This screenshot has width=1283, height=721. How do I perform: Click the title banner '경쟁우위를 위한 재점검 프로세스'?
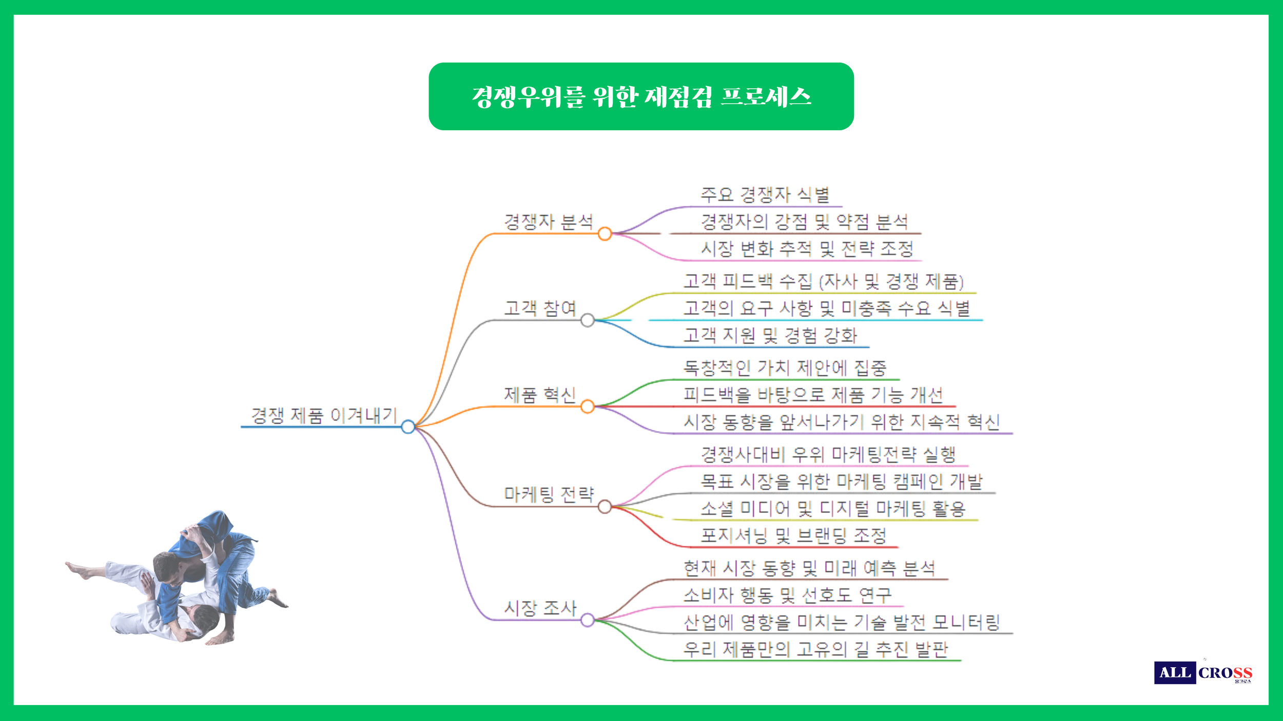click(x=641, y=96)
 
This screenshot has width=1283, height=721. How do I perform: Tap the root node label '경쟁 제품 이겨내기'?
click(x=324, y=415)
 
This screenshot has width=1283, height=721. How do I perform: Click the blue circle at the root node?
click(x=408, y=427)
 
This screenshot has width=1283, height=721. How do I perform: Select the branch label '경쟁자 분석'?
click(x=549, y=222)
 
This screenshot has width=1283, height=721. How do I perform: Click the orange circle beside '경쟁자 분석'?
click(x=605, y=234)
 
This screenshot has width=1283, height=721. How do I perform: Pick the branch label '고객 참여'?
click(x=540, y=308)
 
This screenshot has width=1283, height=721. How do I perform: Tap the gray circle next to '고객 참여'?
click(x=588, y=321)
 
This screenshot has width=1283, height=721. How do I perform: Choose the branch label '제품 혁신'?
click(x=540, y=395)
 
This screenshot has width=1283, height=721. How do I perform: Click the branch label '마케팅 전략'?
click(x=549, y=494)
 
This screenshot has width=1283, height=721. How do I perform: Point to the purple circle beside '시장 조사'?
click(x=588, y=620)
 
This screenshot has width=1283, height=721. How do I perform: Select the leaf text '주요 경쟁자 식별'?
click(x=765, y=195)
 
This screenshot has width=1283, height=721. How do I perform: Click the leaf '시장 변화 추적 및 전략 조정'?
click(x=807, y=249)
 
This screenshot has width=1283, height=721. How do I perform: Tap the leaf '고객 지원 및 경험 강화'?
click(x=770, y=335)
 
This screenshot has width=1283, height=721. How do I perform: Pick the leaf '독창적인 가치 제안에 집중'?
click(x=785, y=368)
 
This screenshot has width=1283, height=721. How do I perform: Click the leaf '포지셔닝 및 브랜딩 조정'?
click(x=793, y=536)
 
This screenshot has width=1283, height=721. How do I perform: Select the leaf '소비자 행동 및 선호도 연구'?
click(x=788, y=595)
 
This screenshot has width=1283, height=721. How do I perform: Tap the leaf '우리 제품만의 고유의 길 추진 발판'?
click(x=815, y=650)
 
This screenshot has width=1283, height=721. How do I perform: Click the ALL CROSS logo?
click(x=1203, y=672)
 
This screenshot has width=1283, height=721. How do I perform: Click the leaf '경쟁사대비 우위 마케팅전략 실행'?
click(x=828, y=454)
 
